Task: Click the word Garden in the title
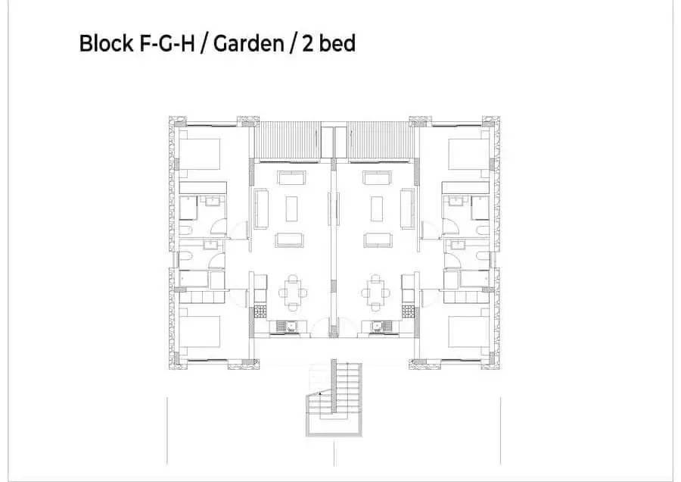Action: [x=248, y=43]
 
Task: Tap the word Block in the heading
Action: [x=106, y=43]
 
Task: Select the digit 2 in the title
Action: [x=307, y=43]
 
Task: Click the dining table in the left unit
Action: [x=293, y=293]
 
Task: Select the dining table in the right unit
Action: [x=375, y=293]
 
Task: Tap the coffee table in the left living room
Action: [x=291, y=209]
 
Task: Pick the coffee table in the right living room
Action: [x=376, y=209]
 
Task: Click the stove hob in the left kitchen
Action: [x=260, y=311]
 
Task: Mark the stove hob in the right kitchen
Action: [x=408, y=311]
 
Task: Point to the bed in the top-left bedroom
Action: [x=199, y=154]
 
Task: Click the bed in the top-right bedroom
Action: [x=468, y=154]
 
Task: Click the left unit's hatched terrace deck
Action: [x=288, y=139]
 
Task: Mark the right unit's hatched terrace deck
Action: [x=381, y=139]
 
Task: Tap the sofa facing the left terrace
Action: [x=292, y=178]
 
